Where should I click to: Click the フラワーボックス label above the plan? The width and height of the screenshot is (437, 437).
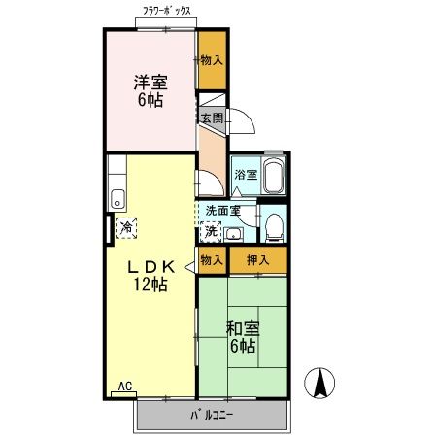[x=166, y=13]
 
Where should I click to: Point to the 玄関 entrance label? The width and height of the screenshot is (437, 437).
[x=212, y=118]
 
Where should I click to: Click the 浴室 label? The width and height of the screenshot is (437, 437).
[x=245, y=175]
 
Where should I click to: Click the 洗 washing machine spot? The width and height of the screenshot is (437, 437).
[x=211, y=231]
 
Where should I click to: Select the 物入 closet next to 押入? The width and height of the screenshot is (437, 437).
[x=211, y=259]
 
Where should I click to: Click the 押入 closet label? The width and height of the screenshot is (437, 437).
[x=257, y=259]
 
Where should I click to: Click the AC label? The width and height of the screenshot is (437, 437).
[x=124, y=387]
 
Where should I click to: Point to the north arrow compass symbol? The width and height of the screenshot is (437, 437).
[x=319, y=383]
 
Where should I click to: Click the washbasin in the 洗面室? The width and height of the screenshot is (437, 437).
[x=233, y=231]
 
